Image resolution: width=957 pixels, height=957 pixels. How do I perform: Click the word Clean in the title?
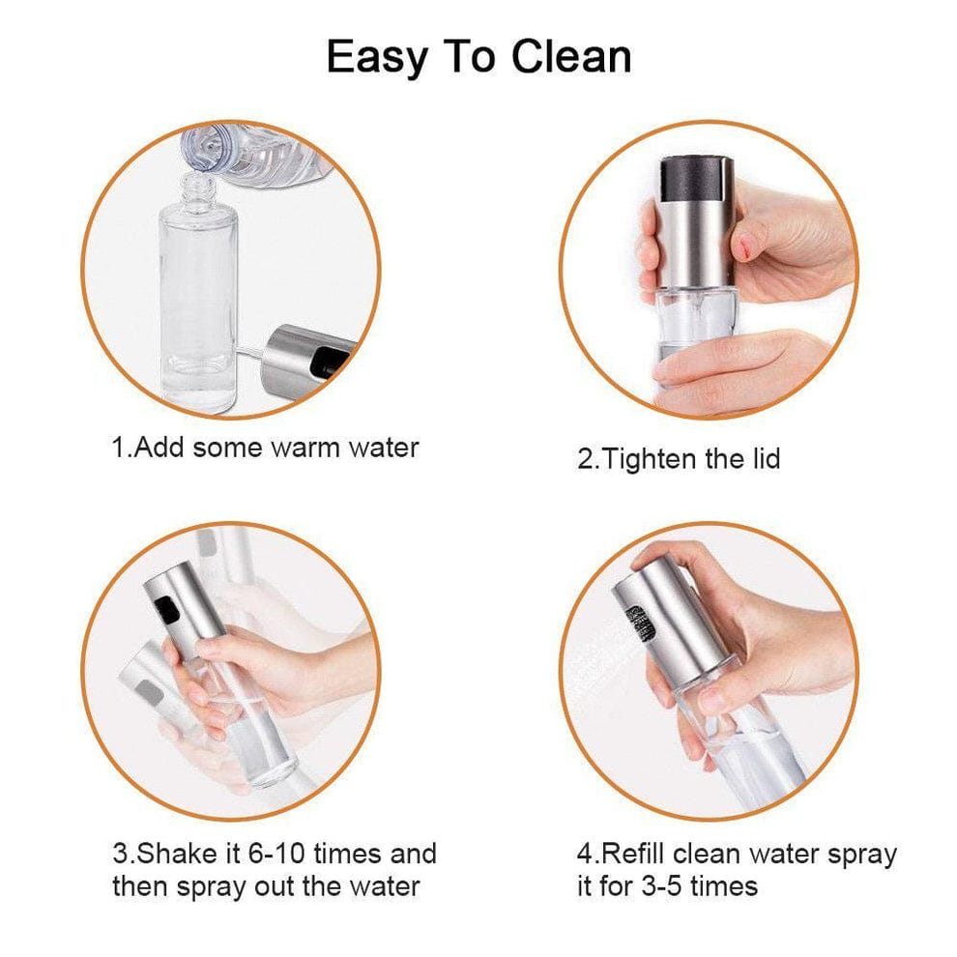[x=570, y=57]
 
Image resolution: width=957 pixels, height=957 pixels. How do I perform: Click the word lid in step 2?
[x=763, y=457]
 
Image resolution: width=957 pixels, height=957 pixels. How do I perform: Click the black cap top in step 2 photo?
[x=694, y=179]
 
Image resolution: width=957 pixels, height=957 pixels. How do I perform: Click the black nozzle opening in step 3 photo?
[x=165, y=610]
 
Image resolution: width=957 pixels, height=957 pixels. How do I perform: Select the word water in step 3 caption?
[x=377, y=885]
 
